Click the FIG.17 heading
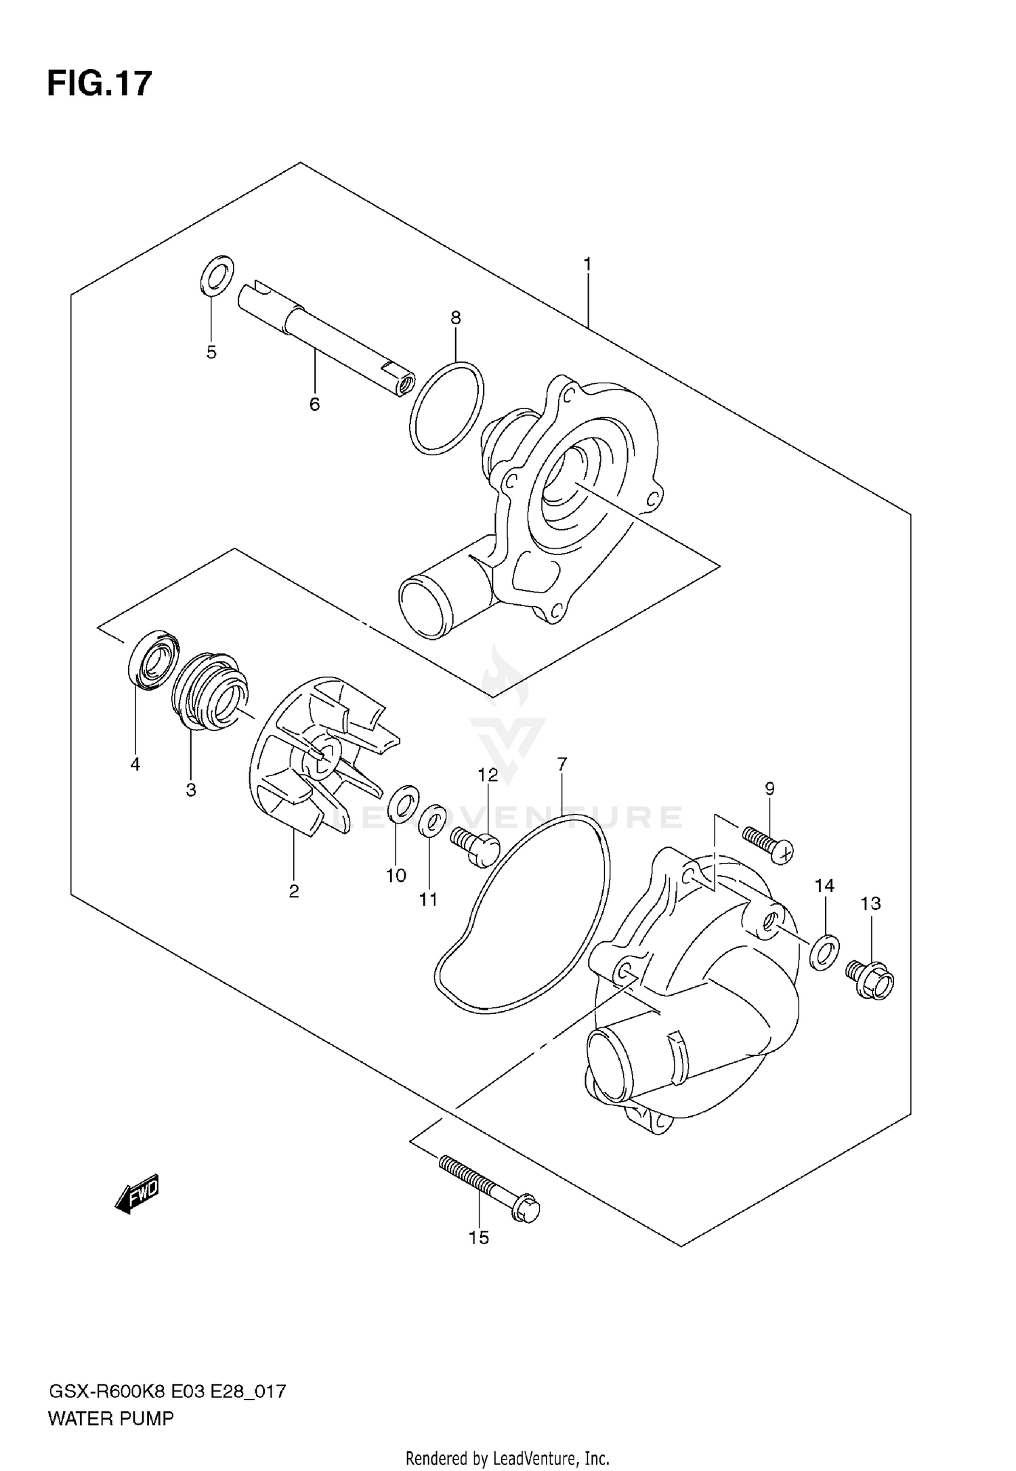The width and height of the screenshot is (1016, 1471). point(100,85)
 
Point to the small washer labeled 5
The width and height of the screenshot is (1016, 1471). point(217,276)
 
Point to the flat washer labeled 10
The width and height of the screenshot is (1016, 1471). point(403,803)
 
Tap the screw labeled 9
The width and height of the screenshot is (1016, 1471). point(768,844)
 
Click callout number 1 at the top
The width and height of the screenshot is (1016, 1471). point(587,264)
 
